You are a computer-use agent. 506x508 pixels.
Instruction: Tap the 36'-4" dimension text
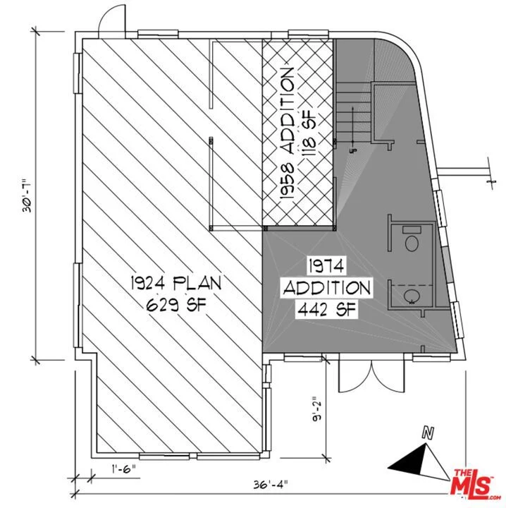(270, 485)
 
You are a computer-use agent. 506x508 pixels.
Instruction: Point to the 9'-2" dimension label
(316, 409)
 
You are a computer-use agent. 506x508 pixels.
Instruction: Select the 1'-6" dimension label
(123, 468)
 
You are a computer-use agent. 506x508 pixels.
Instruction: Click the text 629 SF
(176, 305)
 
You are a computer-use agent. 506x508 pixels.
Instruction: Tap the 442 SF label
(327, 310)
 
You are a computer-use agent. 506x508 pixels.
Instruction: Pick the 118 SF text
(309, 133)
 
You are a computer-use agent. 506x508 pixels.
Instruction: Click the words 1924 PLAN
(176, 283)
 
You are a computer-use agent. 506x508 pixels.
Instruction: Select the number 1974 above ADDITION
(326, 266)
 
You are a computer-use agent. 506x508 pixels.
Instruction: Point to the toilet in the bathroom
(412, 243)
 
